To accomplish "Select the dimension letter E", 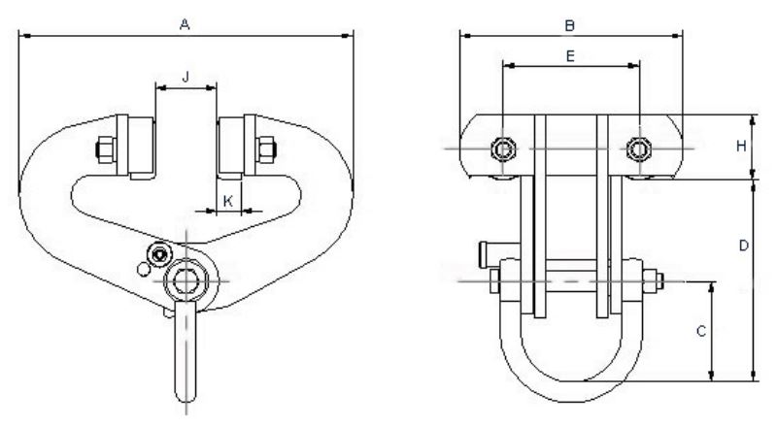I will [x=570, y=55].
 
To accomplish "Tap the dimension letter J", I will [x=184, y=73].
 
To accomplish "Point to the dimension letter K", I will [x=227, y=200].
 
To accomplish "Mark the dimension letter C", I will [x=700, y=331].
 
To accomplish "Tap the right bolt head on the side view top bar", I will [x=637, y=148].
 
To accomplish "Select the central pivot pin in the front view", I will [x=184, y=281].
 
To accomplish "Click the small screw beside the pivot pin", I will [x=152, y=255].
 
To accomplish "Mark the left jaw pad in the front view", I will [x=136, y=148].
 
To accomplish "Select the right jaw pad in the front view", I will [x=233, y=148].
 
